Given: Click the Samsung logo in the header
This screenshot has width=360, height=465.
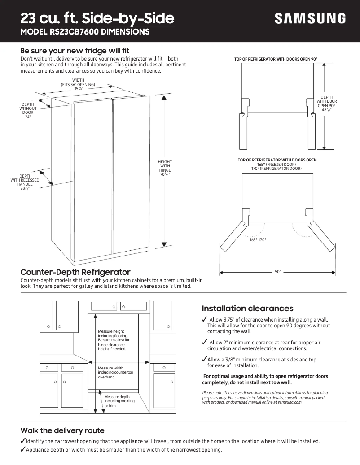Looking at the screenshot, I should [x=310, y=18].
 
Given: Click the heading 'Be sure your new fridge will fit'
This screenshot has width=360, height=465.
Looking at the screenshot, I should [x=75, y=51].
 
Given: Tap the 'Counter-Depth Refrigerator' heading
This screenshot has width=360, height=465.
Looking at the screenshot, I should [x=75, y=272].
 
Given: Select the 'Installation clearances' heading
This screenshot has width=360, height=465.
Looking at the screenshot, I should [x=247, y=309].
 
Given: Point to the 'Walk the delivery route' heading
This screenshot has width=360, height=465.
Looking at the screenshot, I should [x=62, y=430].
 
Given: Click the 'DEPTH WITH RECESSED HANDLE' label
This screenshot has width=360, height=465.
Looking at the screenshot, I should [x=25, y=183].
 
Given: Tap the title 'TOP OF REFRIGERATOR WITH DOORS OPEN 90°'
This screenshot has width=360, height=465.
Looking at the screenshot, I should [x=279, y=59].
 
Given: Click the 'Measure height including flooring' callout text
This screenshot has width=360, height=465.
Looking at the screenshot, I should [x=114, y=340].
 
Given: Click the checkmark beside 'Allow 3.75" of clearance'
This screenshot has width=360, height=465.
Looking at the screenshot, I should [x=204, y=319].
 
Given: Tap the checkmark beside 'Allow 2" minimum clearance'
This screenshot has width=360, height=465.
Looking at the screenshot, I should [x=204, y=343].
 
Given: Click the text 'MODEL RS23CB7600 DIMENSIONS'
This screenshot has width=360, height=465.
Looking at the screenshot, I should [x=85, y=32].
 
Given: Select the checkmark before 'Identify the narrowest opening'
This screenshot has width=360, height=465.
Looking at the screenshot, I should [x=23, y=441].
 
